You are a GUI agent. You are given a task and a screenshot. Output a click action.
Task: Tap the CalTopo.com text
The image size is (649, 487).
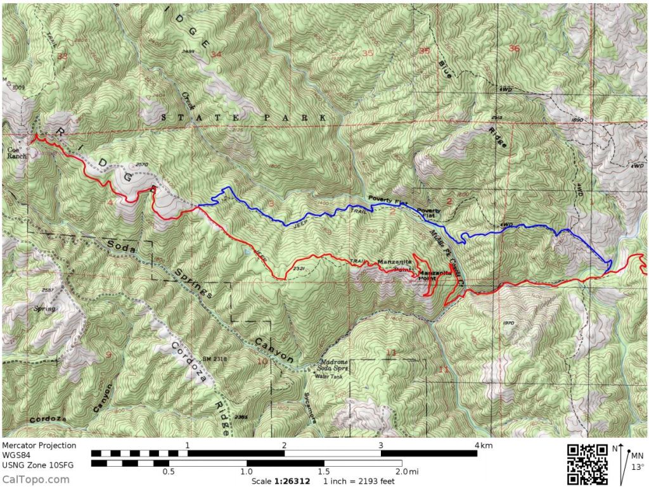coord(36,479)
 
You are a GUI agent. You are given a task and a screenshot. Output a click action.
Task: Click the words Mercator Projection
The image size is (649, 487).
coord(39,446)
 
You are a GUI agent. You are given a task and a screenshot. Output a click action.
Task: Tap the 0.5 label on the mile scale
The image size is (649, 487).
coord(169,472)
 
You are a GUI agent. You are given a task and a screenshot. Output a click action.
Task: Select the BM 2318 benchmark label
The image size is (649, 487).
coord(215,359)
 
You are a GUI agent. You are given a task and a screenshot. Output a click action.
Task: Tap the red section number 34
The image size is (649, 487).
coord(217,55)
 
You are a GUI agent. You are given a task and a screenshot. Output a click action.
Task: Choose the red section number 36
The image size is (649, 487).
coord(514,49)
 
